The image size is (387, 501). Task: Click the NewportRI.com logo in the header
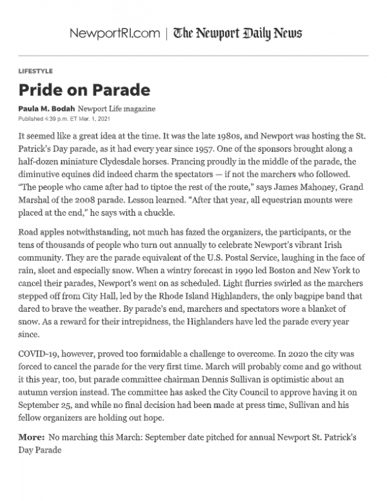pyautogui.click(x=114, y=34)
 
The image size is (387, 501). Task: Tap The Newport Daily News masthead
pyautogui.click(x=237, y=34)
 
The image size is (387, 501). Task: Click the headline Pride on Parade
pyautogui.click(x=84, y=89)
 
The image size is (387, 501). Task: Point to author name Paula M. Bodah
pyautogui.click(x=46, y=108)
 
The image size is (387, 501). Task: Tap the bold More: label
pyautogui.click(x=32, y=438)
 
